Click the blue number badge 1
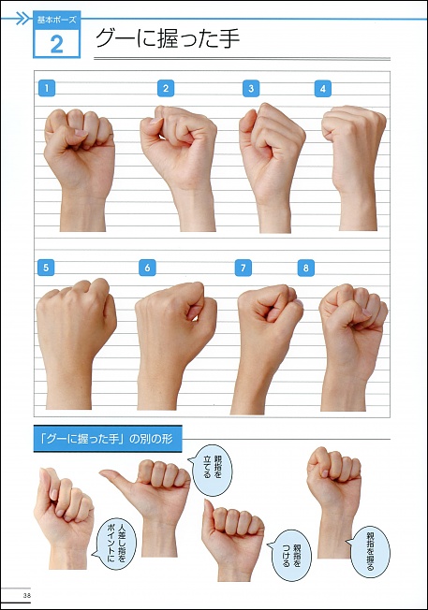click(x=47, y=88)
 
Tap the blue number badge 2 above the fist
click(x=166, y=88)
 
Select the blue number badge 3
click(x=251, y=88)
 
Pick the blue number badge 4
click(x=323, y=88)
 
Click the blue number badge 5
click(x=46, y=268)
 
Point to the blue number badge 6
click(x=147, y=268)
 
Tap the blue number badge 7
click(x=243, y=268)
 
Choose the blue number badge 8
click(x=305, y=268)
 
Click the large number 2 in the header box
click(x=57, y=44)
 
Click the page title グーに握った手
click(x=168, y=38)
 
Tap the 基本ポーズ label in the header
click(x=57, y=20)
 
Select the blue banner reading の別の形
click(x=108, y=439)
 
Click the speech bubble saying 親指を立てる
click(x=212, y=471)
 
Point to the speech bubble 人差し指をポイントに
click(x=115, y=544)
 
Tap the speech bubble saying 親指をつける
click(x=289, y=555)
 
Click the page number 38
click(x=27, y=595)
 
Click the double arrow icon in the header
click(x=23, y=19)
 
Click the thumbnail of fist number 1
click(x=80, y=169)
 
